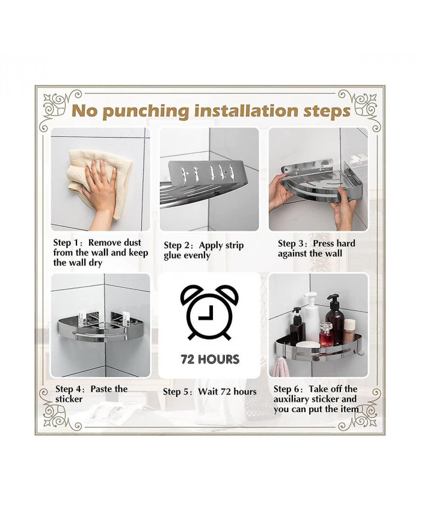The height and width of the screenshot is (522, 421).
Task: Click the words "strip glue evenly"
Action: (x=204, y=250)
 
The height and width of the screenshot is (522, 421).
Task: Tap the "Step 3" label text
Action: (x=292, y=244)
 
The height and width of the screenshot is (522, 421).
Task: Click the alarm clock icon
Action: (x=209, y=312)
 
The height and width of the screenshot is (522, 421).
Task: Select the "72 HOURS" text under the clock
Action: (x=210, y=359)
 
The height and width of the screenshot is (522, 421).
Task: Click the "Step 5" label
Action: (x=177, y=392)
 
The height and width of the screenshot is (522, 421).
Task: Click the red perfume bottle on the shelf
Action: (x=326, y=335)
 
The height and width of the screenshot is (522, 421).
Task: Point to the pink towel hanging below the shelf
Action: (x=281, y=367)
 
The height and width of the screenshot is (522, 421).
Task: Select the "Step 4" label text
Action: (x=69, y=389)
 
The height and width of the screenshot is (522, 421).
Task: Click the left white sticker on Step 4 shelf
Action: (x=83, y=318)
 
